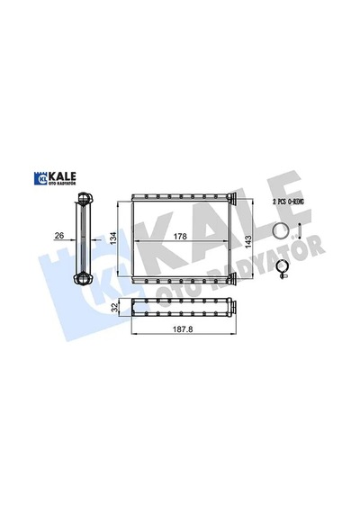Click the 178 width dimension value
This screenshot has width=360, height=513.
180,236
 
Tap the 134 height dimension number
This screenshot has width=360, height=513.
112,238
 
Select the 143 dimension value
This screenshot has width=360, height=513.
248,241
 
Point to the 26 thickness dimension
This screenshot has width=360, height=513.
59,235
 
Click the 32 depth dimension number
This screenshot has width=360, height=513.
114,307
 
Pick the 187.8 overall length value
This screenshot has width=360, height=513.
183,329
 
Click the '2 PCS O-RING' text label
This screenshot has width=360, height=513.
288,202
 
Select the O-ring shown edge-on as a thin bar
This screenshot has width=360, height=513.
300,230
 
